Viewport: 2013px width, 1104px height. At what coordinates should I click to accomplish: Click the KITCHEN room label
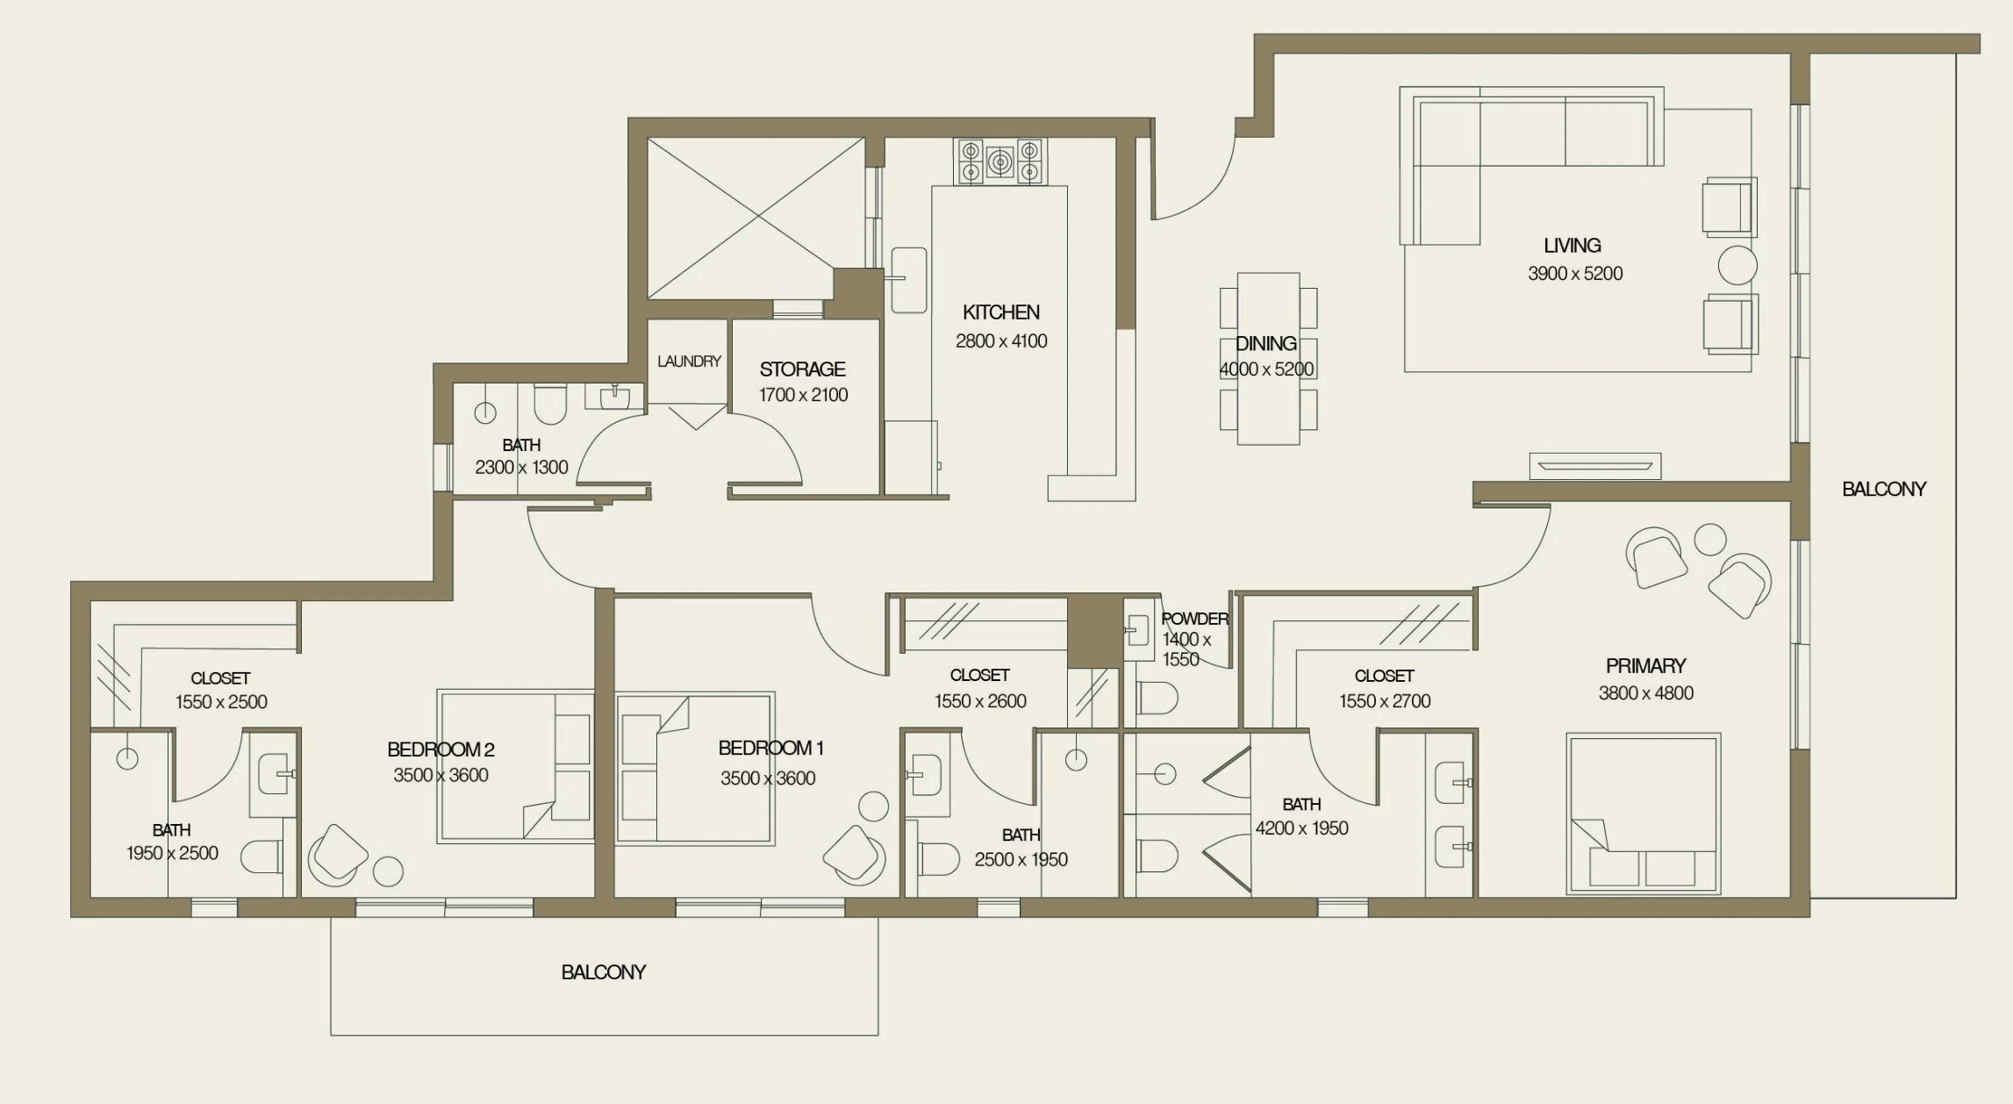1000,312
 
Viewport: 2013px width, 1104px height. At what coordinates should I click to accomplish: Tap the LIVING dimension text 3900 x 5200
1575,274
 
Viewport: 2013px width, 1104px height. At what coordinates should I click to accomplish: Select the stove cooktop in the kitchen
999,161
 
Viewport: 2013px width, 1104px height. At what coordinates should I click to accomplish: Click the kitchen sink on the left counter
909,279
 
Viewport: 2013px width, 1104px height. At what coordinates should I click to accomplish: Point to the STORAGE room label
802,369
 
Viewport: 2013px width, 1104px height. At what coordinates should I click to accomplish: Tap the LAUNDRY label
689,362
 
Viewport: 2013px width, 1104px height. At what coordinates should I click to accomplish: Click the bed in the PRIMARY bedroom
1643,814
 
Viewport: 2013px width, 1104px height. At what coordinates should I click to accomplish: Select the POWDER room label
1194,619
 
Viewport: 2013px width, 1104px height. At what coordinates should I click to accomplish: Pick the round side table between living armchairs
1737,265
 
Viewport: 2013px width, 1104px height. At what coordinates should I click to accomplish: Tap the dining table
1268,358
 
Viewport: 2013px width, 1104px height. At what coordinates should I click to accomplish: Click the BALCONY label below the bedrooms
603,972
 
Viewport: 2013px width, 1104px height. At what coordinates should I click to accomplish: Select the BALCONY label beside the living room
1883,490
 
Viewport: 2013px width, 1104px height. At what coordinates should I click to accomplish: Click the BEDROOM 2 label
441,749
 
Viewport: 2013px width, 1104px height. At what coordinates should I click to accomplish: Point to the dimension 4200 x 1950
1301,828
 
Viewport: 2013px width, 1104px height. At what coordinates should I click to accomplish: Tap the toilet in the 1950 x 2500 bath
261,857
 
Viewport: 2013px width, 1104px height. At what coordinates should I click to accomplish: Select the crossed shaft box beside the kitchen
756,218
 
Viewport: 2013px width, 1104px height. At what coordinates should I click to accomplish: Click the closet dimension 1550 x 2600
979,701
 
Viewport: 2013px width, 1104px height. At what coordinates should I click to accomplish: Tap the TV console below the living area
1594,466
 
